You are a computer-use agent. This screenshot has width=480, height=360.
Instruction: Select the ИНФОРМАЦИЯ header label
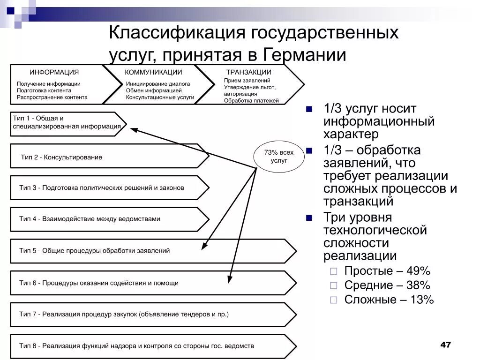[x=54, y=72]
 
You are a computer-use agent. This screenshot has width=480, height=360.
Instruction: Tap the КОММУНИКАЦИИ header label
[x=153, y=72]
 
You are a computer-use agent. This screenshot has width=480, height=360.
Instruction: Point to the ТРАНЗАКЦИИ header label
[x=249, y=72]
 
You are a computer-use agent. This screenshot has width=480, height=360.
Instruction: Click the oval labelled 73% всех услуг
[x=279, y=156]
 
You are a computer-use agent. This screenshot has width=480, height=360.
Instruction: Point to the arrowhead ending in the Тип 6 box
[x=229, y=280]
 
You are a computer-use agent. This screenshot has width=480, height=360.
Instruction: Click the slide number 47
[x=445, y=345]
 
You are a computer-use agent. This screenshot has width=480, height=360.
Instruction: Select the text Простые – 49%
[x=387, y=271]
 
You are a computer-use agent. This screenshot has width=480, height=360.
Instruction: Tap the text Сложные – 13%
[x=389, y=300]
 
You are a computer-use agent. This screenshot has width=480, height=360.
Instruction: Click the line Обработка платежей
[x=251, y=100]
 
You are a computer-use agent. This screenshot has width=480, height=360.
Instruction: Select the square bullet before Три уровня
[x=309, y=218]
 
